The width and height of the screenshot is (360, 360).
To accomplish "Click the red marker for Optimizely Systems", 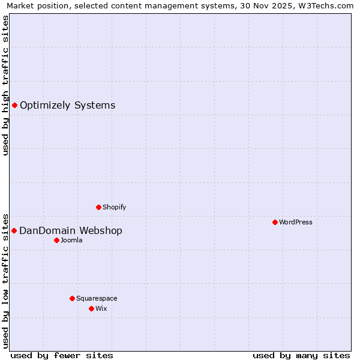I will click(14, 106).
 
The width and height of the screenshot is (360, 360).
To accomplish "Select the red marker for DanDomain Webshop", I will click(14, 230).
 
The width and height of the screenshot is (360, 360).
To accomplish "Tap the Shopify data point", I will click(98, 207).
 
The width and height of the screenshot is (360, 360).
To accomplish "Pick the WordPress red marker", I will click(275, 222).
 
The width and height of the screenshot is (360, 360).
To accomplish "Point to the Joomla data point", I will click(56, 240).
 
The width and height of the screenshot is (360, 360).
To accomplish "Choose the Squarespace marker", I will click(72, 298).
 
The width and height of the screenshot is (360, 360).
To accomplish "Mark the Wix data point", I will click(91, 308).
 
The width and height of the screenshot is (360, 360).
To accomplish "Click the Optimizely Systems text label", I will click(67, 106).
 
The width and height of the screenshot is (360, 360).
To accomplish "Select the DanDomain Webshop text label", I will click(71, 231).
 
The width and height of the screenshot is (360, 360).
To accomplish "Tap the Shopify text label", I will click(114, 207).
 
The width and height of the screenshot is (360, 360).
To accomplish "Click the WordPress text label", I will click(296, 222).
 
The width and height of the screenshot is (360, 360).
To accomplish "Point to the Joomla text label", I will click(71, 240).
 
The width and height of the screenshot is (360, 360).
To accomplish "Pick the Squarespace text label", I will click(97, 298).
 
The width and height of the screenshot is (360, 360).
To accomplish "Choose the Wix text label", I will click(101, 308).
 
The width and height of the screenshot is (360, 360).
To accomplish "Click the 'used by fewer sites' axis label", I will click(62, 355).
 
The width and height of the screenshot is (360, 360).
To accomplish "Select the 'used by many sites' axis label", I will click(301, 355).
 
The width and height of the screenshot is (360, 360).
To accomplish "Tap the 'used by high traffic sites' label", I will click(5, 85).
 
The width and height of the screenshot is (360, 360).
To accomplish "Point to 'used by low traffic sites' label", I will click(5, 281).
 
